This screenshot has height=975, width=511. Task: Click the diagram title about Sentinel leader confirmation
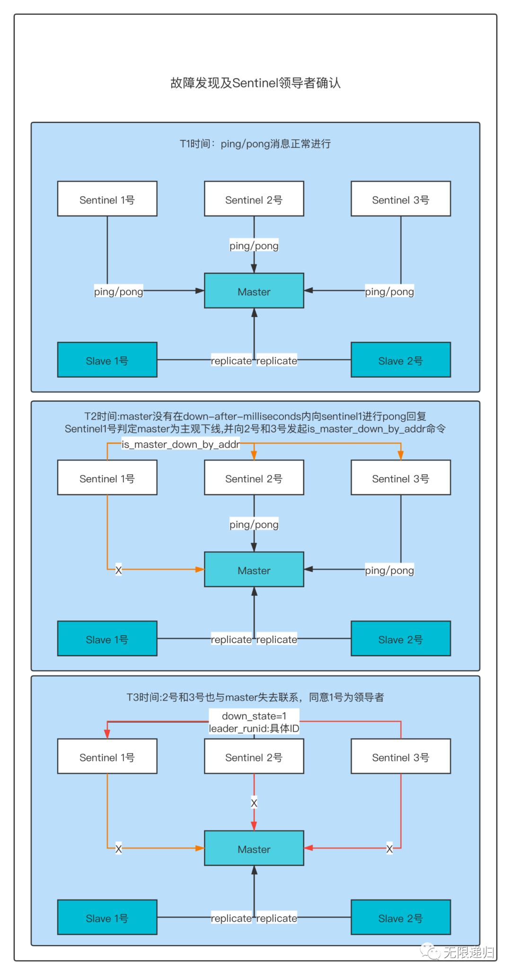(255, 83)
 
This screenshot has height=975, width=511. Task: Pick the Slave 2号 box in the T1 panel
(401, 360)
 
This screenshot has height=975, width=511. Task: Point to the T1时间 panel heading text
(255, 144)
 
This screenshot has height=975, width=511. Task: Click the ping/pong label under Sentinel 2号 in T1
(254, 246)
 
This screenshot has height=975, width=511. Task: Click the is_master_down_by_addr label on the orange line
(181, 444)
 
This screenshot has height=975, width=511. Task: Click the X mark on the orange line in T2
(118, 570)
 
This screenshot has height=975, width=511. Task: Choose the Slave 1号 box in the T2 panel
(107, 638)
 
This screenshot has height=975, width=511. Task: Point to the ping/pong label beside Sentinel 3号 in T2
(389, 570)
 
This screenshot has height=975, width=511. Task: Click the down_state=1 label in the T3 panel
(254, 716)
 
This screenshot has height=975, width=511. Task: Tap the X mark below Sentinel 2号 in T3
(254, 803)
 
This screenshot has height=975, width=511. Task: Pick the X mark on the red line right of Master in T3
(389, 849)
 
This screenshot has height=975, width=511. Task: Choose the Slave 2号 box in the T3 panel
(401, 917)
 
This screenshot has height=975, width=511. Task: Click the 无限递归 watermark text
(468, 952)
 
